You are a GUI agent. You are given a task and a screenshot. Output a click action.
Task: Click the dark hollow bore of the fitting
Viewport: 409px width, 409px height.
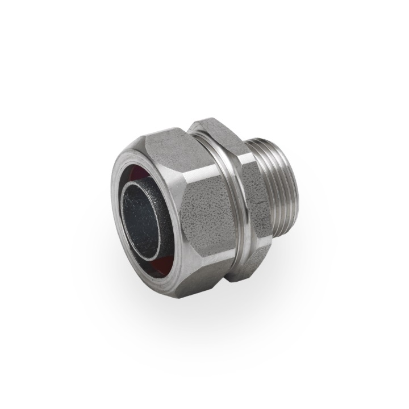point(139,219)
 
